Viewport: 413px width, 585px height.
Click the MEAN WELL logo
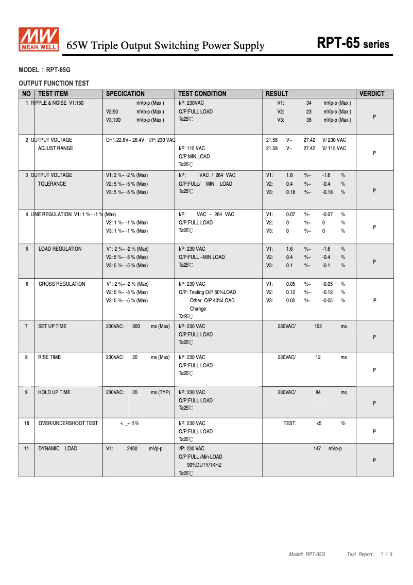[x=39, y=40]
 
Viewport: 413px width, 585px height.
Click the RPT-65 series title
[x=353, y=44]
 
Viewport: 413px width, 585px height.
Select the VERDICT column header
[x=372, y=94]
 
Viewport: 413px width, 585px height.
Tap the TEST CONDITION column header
[x=202, y=94]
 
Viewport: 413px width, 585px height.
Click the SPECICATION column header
[x=125, y=94]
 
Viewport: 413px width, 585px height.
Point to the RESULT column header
[x=277, y=94]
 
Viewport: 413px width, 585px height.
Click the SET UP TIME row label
[x=52, y=327]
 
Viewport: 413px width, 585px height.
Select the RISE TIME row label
[x=49, y=358]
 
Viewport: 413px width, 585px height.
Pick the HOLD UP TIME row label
[x=54, y=393]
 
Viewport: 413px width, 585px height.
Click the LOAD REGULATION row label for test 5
[x=60, y=249]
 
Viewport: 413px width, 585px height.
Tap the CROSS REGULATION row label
[x=62, y=284]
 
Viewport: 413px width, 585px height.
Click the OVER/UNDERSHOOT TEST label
[x=68, y=424]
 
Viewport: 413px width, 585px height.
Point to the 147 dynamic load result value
[x=317, y=449]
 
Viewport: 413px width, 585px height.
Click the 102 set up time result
[x=318, y=327]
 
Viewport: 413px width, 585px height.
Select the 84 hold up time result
[x=318, y=393]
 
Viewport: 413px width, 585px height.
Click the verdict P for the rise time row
[x=374, y=370]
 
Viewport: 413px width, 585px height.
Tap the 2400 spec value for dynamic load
[x=132, y=449]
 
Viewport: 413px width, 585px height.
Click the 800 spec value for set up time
[x=136, y=327]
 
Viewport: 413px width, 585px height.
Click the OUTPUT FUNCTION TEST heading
[x=54, y=83]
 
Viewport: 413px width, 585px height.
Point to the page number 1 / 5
[x=386, y=555]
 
